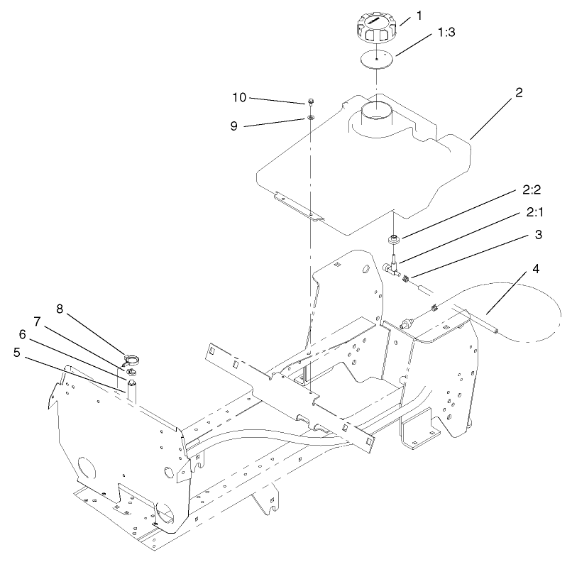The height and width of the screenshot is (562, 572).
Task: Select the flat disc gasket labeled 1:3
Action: point(376,59)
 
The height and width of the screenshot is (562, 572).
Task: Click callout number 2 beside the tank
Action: point(519,93)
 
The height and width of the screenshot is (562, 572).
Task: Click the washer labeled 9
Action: point(312,116)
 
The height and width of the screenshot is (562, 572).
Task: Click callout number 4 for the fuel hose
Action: point(535,270)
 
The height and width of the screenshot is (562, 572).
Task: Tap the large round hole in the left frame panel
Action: point(86,469)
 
